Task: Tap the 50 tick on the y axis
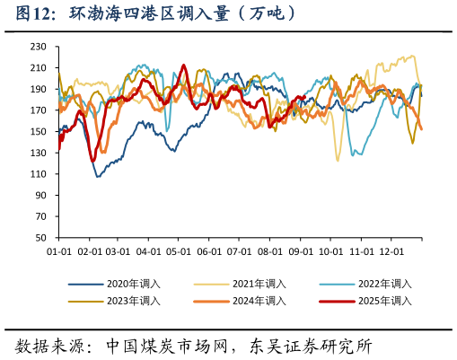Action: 41,239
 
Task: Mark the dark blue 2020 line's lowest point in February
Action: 98,176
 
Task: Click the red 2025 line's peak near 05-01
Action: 184,66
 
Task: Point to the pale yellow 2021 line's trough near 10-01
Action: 338,161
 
